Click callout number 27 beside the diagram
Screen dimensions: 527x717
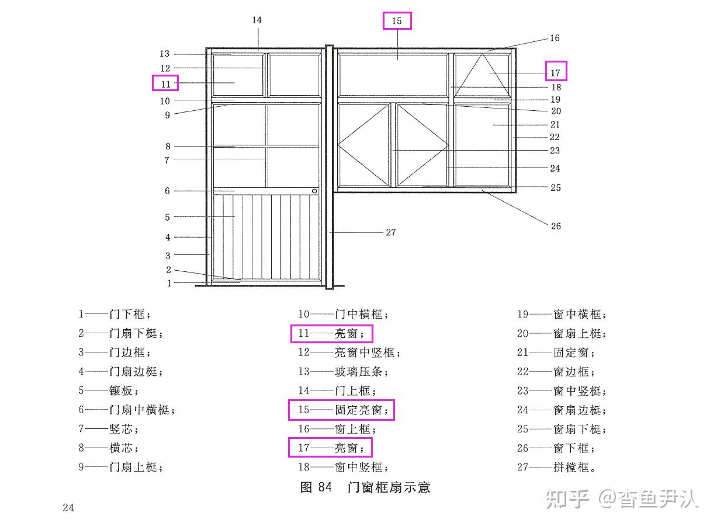390,232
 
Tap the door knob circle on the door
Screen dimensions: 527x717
314,191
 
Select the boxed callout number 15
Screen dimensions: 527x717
397,21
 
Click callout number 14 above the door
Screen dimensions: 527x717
257,20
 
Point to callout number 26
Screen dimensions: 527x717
556,226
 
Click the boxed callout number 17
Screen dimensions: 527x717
555,72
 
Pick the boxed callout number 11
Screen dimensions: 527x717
165,83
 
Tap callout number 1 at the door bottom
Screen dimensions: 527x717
169,283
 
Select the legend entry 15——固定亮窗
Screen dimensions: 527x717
342,410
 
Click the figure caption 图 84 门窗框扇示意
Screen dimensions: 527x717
365,487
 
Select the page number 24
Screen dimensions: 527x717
68,508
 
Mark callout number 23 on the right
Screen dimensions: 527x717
555,151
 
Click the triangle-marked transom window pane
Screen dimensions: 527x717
483,75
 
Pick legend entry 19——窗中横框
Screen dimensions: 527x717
562,315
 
